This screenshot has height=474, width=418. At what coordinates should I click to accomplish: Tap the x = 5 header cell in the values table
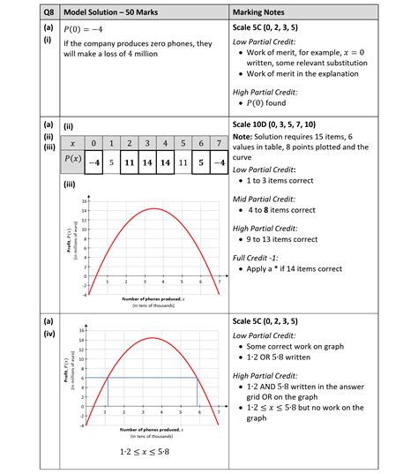[182, 143]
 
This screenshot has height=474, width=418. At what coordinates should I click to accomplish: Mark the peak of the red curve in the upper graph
[154, 208]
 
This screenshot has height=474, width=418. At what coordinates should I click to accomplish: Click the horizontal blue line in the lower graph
[150, 378]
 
